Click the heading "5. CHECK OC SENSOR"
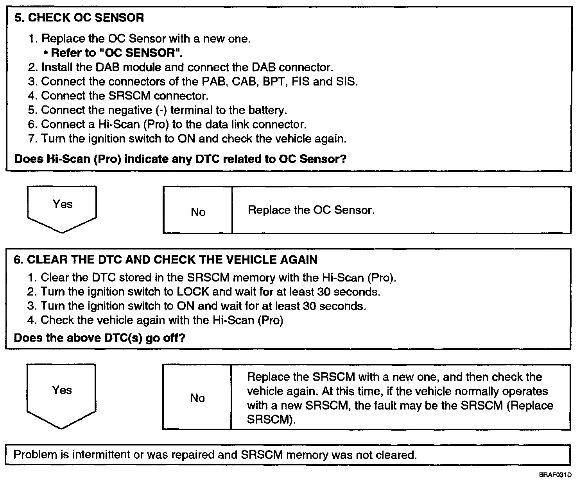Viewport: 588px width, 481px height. [79, 18]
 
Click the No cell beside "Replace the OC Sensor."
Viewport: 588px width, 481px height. [198, 212]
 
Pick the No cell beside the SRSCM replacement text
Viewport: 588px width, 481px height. [197, 398]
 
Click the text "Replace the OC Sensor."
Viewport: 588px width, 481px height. [311, 210]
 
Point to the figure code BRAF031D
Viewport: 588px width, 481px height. [555, 475]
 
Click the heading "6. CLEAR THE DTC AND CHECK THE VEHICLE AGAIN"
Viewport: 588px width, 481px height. [166, 260]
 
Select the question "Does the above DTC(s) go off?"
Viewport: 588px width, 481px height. [99, 338]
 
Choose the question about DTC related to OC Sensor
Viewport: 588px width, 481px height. [180, 159]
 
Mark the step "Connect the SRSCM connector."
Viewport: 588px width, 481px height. [124, 96]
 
